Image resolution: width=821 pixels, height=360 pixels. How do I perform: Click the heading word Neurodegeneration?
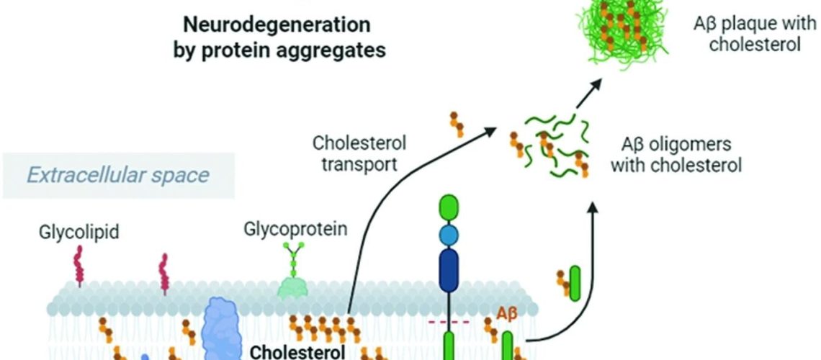click(x=277, y=25)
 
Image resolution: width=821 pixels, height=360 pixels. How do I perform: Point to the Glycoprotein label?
click(x=296, y=230)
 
